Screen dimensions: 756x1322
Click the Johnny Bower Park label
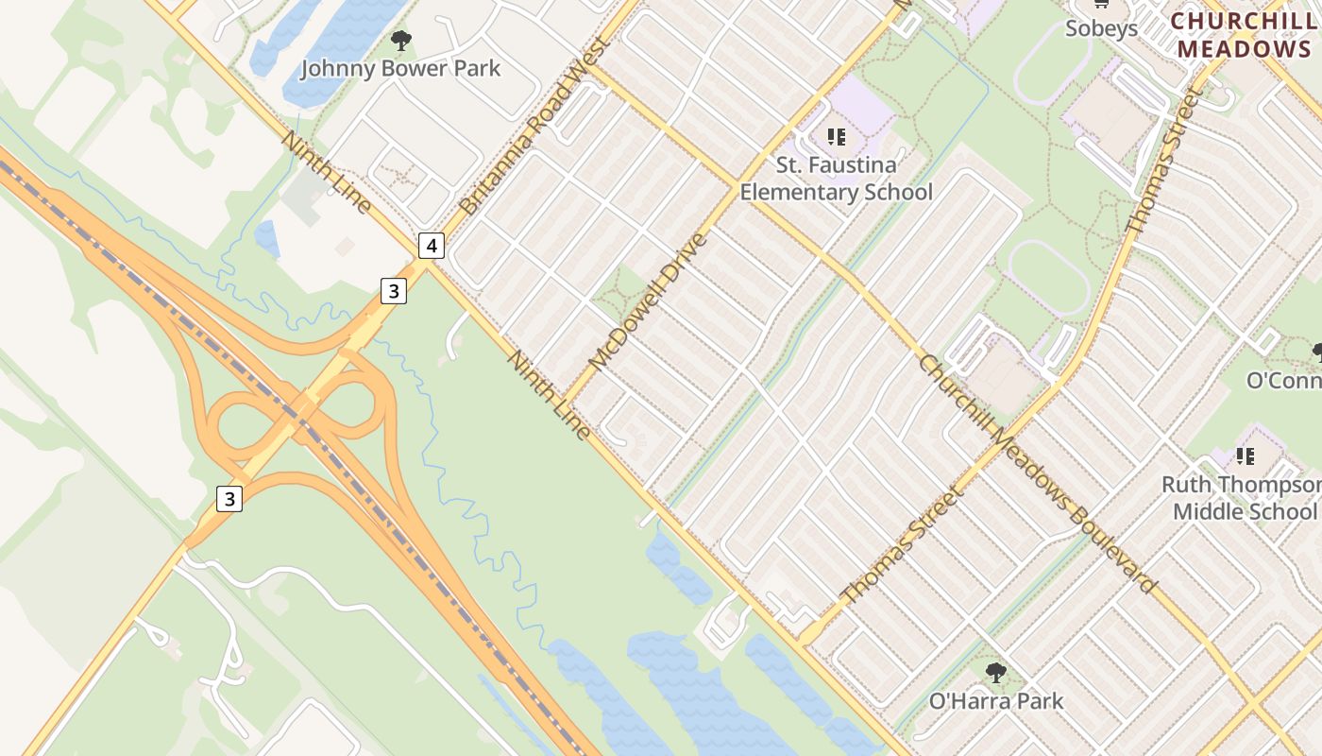[400, 69]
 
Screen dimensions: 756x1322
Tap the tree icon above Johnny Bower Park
[401, 41]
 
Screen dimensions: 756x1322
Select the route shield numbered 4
[431, 247]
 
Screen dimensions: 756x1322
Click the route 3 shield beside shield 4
[394, 291]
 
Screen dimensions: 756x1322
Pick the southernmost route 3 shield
[229, 498]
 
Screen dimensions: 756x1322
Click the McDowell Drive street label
[647, 301]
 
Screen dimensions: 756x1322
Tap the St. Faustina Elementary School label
[836, 179]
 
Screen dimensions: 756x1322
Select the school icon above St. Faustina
[837, 137]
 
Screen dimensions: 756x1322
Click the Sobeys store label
[1101, 28]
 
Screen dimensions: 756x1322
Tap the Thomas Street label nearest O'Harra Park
[904, 545]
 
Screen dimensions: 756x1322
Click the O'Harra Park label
[996, 701]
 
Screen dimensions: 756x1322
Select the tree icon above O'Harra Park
[996, 673]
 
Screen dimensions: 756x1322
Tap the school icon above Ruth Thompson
[1246, 456]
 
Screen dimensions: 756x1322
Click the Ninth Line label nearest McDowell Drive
[549, 395]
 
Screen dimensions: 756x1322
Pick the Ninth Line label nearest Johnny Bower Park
[326, 172]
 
